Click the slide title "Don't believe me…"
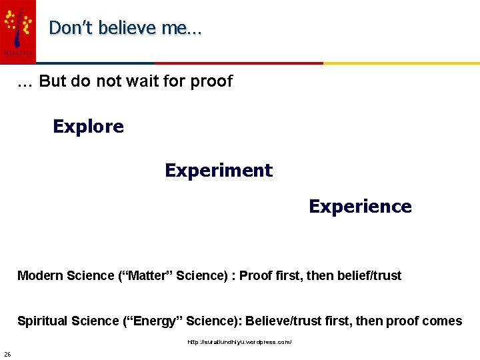(x=125, y=28)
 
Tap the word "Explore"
(x=88, y=127)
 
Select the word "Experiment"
(x=219, y=171)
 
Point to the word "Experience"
(x=360, y=207)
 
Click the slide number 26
(x=7, y=353)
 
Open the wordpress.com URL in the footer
(x=239, y=342)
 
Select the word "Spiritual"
(x=41, y=321)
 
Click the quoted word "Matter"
(x=149, y=276)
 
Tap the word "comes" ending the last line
(x=442, y=321)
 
